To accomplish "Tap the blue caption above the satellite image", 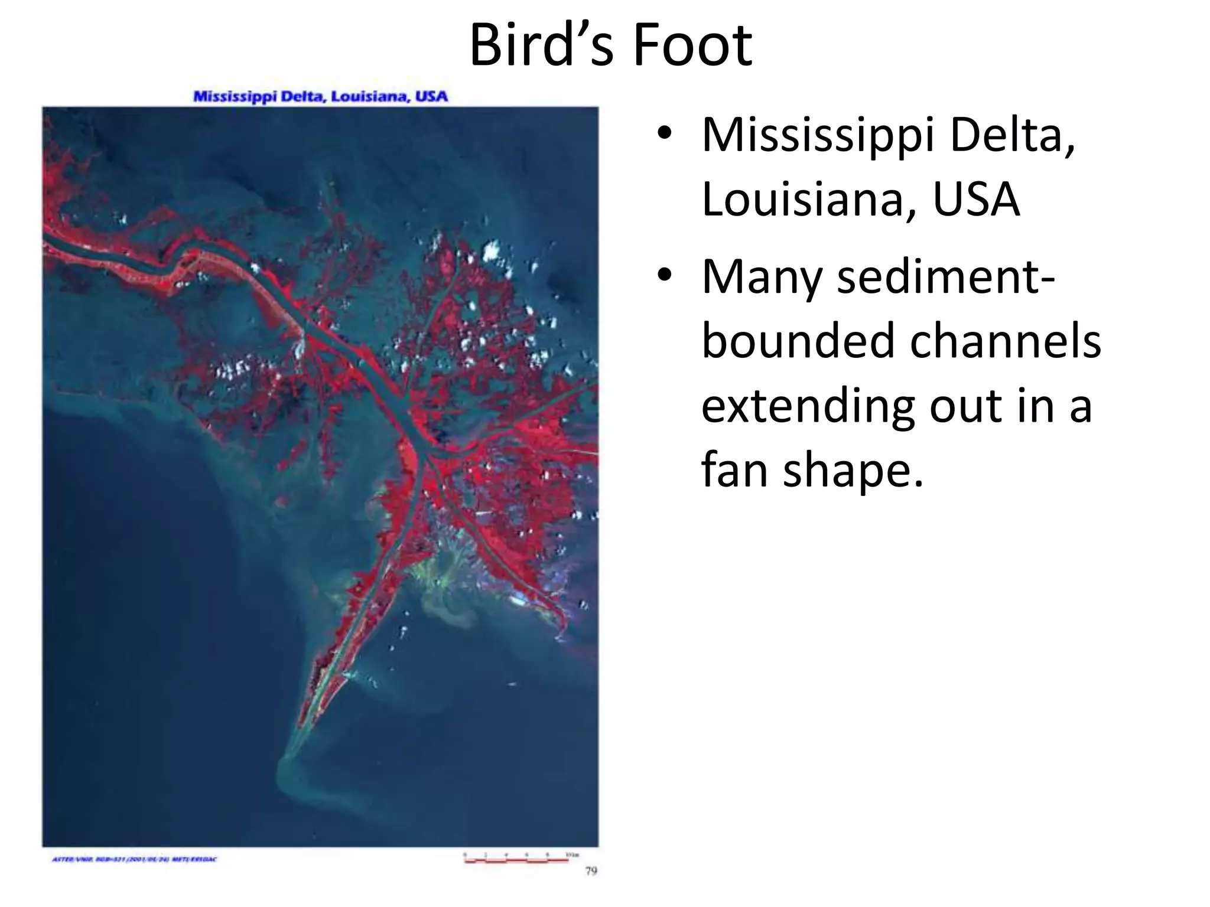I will click(x=320, y=96).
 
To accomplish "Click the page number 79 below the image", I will click(x=591, y=870).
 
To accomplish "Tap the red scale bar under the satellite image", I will click(x=516, y=862).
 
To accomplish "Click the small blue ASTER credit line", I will click(x=135, y=859).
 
